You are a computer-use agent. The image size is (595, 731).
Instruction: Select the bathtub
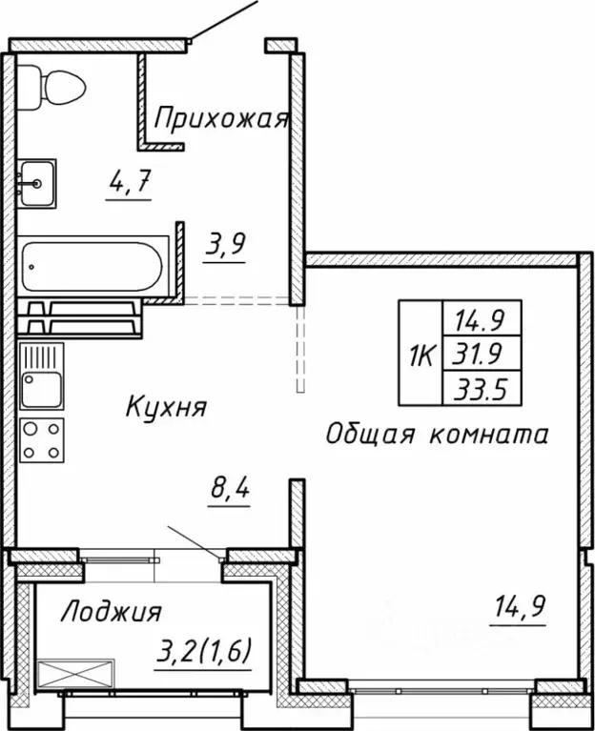point(94,266)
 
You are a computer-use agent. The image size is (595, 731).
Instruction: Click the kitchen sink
point(41,377)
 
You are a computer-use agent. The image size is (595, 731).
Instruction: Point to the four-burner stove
point(41,438)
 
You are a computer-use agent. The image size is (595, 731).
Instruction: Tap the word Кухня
point(166,407)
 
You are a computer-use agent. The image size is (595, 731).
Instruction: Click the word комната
point(485,435)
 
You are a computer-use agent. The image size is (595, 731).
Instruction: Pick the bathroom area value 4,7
point(128,180)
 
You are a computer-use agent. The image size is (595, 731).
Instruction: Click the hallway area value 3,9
point(226,244)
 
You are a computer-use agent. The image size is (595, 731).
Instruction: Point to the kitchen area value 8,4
point(229,494)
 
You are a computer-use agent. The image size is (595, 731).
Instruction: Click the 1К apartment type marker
point(421,357)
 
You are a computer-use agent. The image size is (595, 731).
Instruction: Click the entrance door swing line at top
point(224,19)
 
